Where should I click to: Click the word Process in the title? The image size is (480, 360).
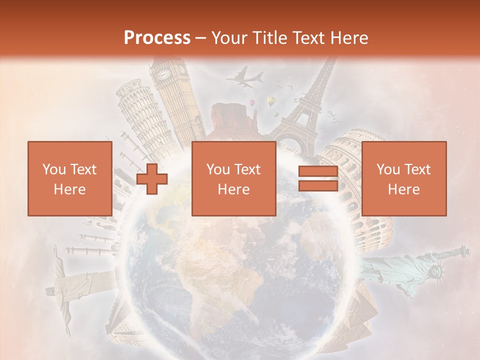(x=157, y=38)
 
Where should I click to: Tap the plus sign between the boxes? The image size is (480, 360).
(x=152, y=179)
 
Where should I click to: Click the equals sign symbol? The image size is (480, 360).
(x=318, y=179)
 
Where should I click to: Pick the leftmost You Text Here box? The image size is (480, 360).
(x=70, y=178)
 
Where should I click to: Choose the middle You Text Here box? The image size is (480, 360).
(x=233, y=178)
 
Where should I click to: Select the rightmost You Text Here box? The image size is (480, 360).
(x=403, y=178)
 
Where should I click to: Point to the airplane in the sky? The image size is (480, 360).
(x=245, y=78)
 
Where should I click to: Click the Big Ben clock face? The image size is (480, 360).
(x=163, y=75)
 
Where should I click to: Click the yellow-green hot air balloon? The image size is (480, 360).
(x=271, y=101)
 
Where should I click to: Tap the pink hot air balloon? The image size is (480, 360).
(x=253, y=103)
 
